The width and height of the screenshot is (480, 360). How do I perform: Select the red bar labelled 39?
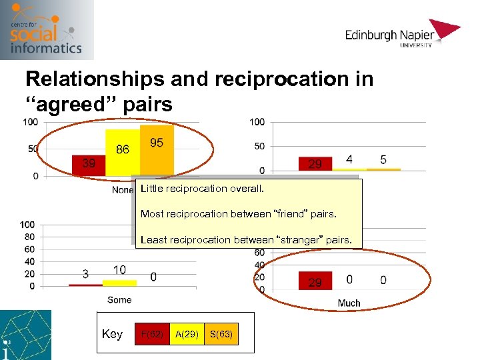(x=88, y=165)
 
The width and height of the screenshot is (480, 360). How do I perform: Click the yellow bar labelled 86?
(x=123, y=152)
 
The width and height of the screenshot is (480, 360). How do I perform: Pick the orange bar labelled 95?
(x=157, y=150)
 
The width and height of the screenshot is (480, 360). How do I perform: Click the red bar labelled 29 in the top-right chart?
(x=315, y=163)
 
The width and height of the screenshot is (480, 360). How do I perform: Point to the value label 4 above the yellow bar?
(x=349, y=159)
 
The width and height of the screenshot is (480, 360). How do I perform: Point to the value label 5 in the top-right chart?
(x=383, y=159)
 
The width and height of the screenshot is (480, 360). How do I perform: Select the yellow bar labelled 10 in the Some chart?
(x=119, y=283)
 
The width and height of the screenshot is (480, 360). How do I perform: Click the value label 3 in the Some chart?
(x=85, y=273)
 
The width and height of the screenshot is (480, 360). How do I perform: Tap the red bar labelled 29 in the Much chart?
(x=315, y=281)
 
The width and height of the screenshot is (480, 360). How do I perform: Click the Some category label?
(x=119, y=300)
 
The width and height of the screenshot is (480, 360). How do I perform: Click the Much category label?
(x=349, y=303)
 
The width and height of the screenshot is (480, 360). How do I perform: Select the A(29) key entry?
(x=186, y=334)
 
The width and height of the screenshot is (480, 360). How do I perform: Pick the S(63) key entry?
(x=221, y=334)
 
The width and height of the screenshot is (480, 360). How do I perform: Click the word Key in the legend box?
(x=112, y=334)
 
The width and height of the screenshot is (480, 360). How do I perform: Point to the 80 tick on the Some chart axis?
(x=28, y=236)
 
